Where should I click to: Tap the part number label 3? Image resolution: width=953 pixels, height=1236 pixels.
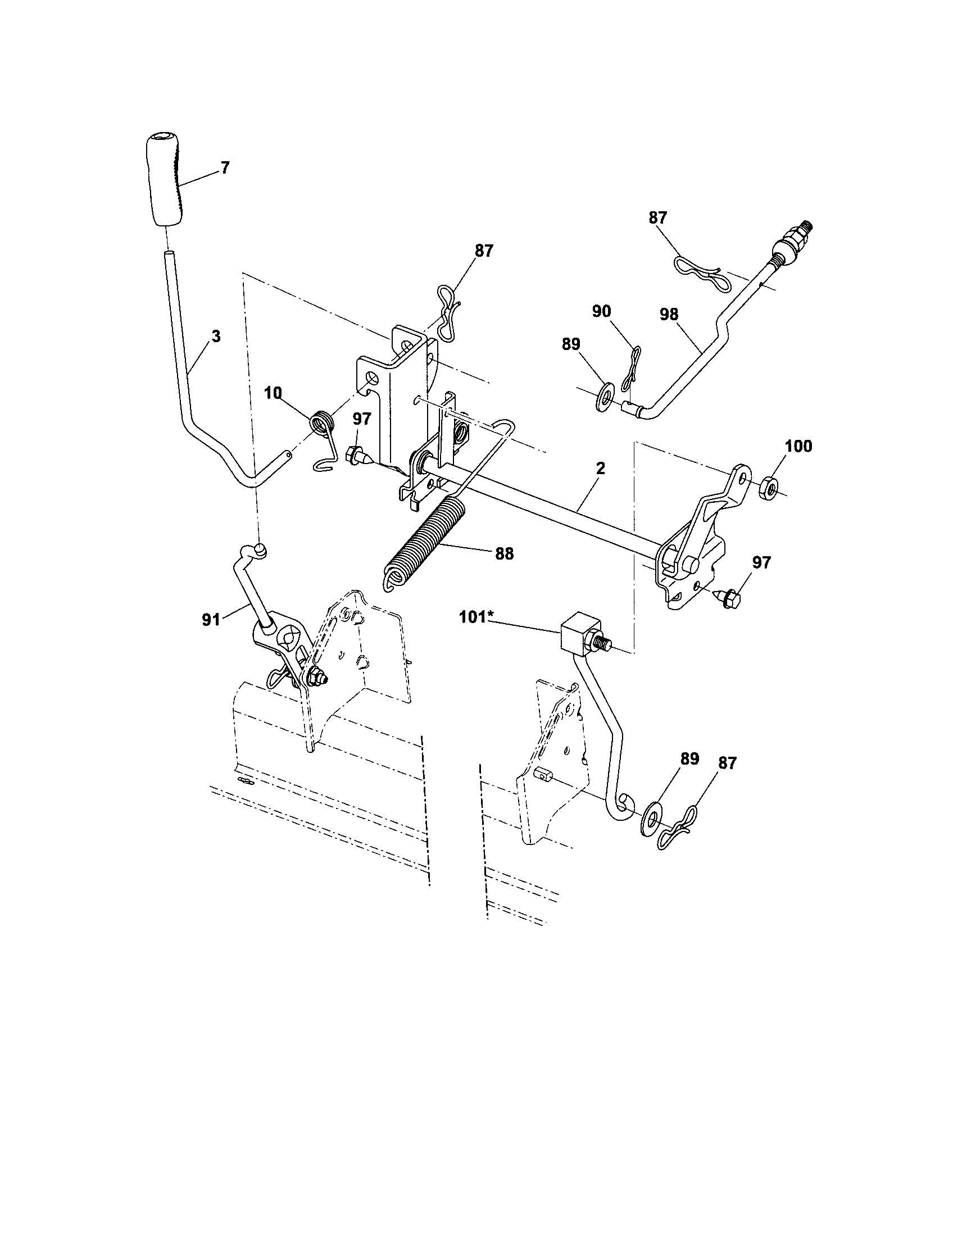(216, 336)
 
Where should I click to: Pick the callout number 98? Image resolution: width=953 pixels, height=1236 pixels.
(669, 315)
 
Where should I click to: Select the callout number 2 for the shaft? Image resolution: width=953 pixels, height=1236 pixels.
(601, 468)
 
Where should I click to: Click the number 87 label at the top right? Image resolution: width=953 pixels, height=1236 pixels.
(658, 219)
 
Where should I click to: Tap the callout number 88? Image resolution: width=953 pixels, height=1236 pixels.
(504, 554)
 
